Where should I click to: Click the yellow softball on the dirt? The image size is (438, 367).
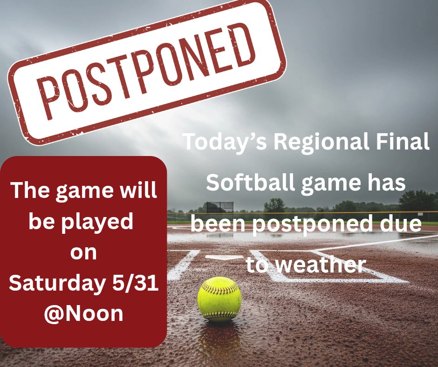[x=219, y=299]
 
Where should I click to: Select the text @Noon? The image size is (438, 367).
[x=84, y=313]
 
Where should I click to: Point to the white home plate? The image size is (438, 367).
[x=224, y=257]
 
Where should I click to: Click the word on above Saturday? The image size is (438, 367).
[x=83, y=253]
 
